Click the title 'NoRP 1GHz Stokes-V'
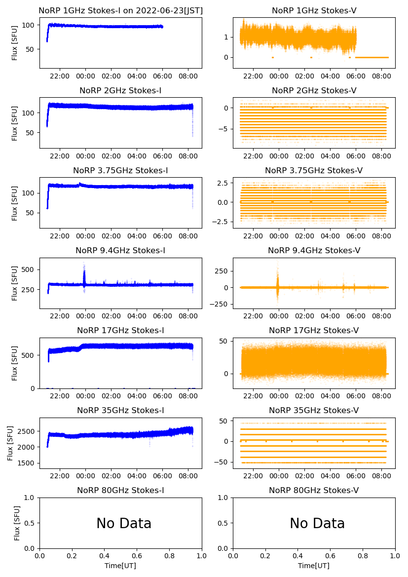coord(314,11)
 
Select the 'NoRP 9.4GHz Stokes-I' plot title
coord(120,251)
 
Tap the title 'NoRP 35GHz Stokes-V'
coord(314,411)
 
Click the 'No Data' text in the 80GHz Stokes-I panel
coord(124,523)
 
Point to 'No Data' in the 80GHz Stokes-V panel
coord(317,523)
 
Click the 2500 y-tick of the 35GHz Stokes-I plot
coord(28,431)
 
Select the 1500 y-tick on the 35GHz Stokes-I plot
coord(28,463)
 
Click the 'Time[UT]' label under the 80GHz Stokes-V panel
coord(314,566)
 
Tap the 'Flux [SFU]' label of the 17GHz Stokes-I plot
coord(15,363)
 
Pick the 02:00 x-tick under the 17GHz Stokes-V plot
coord(305,396)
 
